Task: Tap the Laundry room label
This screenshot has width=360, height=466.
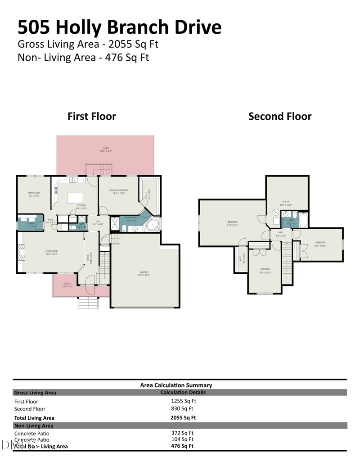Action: pyautogui.click(x=31, y=224)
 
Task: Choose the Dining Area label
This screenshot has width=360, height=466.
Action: pyautogui.click(x=34, y=194)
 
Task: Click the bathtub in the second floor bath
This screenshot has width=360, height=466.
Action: pyautogui.click(x=304, y=221)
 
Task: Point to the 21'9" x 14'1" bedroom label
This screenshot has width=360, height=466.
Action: pyautogui.click(x=232, y=223)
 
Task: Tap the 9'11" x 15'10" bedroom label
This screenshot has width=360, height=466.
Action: pyautogui.click(x=265, y=271)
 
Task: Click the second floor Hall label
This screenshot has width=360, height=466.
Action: pyautogui.click(x=280, y=234)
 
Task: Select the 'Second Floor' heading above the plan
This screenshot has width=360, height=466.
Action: pyautogui.click(x=279, y=116)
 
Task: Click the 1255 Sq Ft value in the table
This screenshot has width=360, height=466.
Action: pyautogui.click(x=183, y=401)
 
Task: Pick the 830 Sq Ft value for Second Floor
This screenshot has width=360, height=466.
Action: pyautogui.click(x=182, y=409)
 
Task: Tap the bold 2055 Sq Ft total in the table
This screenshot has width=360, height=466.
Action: pyautogui.click(x=183, y=418)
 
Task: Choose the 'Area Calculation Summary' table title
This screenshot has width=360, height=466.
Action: pyautogui.click(x=176, y=385)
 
